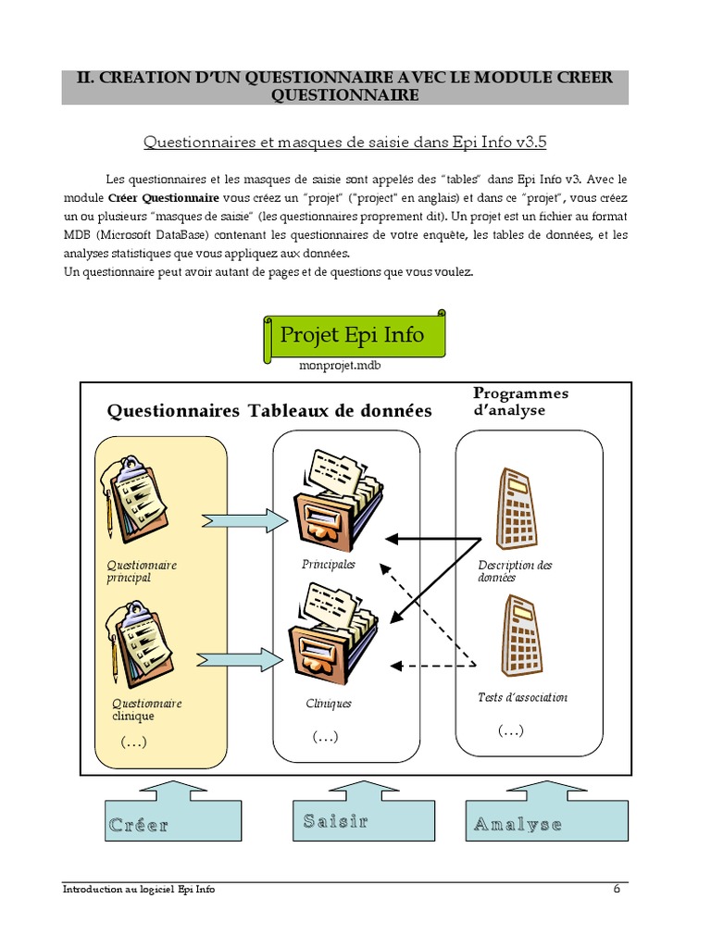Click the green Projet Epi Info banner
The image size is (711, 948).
point(352,335)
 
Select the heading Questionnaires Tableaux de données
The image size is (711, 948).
point(269,411)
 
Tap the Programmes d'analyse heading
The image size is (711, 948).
point(520,402)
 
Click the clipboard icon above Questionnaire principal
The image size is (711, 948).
point(136,500)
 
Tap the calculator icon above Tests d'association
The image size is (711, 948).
point(520,639)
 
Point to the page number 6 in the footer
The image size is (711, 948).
point(617,890)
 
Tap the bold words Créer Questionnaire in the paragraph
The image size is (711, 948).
point(163,198)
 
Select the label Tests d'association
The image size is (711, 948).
point(522,697)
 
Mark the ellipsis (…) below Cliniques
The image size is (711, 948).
point(325,737)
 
